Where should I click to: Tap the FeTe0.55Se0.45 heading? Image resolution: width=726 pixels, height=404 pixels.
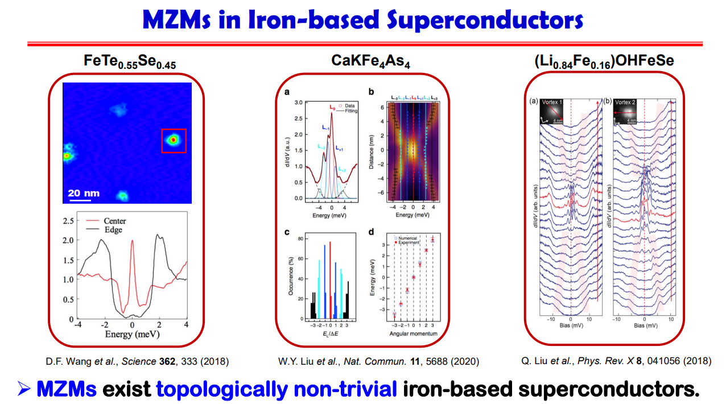click(x=130, y=61)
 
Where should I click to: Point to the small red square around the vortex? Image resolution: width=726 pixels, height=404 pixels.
click(x=174, y=140)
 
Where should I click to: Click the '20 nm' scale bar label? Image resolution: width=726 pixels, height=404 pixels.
click(x=84, y=193)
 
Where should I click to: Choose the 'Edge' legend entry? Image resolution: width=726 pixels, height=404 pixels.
click(x=112, y=230)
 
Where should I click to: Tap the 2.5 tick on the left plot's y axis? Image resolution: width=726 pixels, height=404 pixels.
click(x=68, y=220)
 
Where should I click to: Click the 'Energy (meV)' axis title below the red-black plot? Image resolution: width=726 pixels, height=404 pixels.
click(x=131, y=334)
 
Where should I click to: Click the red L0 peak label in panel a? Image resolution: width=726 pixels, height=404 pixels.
click(x=332, y=107)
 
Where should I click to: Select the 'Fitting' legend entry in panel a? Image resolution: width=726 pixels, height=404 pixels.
click(x=351, y=112)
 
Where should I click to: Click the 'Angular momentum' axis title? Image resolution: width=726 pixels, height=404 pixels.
click(x=414, y=333)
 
